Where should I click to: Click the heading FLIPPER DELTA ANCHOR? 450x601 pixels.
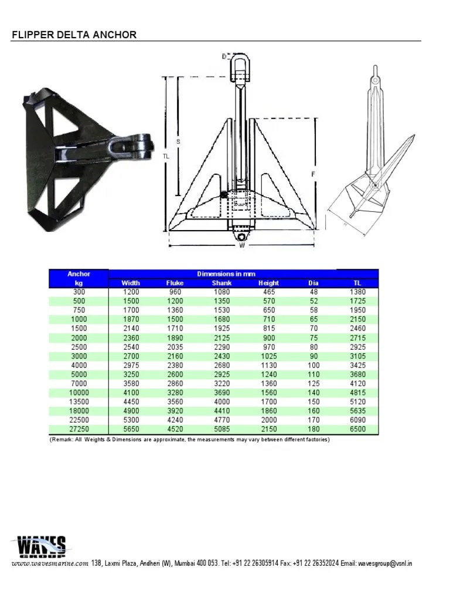point(74,35)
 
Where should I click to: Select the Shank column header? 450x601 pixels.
point(222,283)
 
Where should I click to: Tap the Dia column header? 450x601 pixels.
point(313,283)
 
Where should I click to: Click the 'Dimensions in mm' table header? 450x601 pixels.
point(222,274)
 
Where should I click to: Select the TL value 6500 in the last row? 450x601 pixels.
point(357,430)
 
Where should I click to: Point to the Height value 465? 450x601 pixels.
point(268,292)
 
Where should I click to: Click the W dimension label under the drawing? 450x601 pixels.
point(241,245)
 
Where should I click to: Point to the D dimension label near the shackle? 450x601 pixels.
point(224,56)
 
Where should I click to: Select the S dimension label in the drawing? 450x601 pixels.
point(178,141)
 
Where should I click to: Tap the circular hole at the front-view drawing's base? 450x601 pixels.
point(241,235)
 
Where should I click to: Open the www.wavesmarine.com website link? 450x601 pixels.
point(50,563)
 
